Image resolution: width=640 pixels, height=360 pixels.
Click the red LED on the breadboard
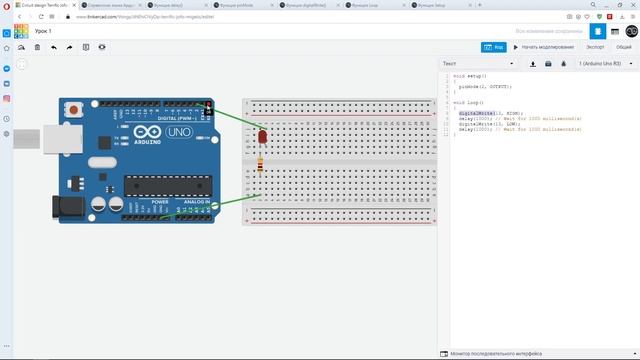(262, 135)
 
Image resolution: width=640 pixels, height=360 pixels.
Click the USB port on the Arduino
(69, 133)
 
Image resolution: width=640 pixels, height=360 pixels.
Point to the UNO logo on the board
(179, 133)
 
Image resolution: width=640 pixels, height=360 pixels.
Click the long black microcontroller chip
(168, 183)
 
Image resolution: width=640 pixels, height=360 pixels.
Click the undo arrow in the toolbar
(51, 47)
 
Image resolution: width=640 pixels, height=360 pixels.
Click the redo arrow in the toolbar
(69, 47)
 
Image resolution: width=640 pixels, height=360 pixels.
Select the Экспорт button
(595, 47)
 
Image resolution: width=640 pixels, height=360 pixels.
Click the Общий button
(623, 47)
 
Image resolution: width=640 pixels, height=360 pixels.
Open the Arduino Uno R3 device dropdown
(604, 64)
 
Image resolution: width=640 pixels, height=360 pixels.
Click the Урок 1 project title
(43, 32)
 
